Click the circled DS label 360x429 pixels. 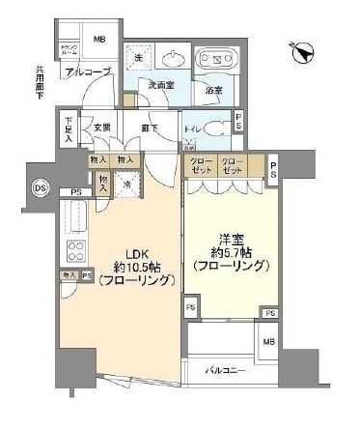click(40, 186)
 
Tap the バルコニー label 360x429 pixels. click(228, 370)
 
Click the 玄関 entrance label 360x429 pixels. click(101, 126)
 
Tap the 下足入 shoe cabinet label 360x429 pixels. click(69, 130)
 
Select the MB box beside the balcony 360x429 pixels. click(267, 344)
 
